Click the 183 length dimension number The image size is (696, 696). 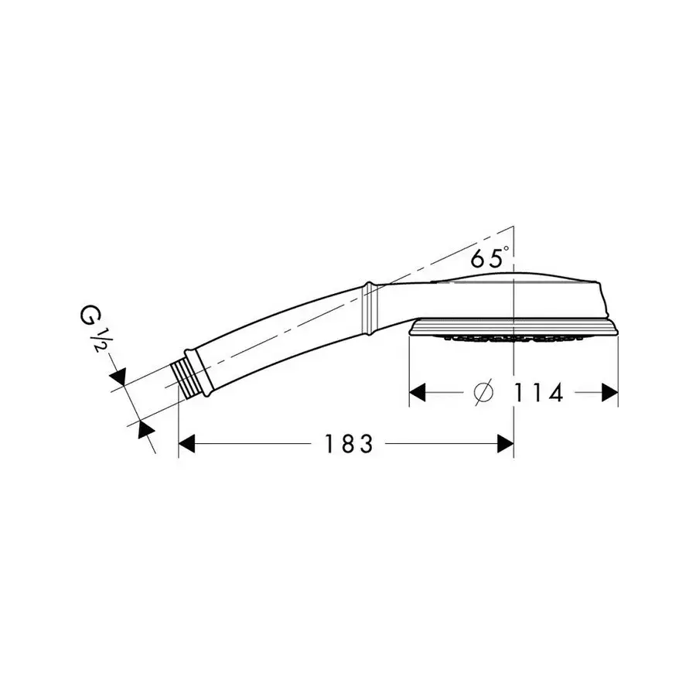click(x=350, y=444)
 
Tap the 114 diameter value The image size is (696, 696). click(x=538, y=392)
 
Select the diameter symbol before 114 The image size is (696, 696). click(x=483, y=391)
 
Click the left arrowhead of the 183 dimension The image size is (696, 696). click(x=186, y=444)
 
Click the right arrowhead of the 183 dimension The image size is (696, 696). click(x=505, y=444)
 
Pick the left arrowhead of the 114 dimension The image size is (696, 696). click(x=418, y=392)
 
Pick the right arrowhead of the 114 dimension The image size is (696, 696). click(x=609, y=392)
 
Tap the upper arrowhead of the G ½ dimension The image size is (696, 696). click(x=119, y=376)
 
